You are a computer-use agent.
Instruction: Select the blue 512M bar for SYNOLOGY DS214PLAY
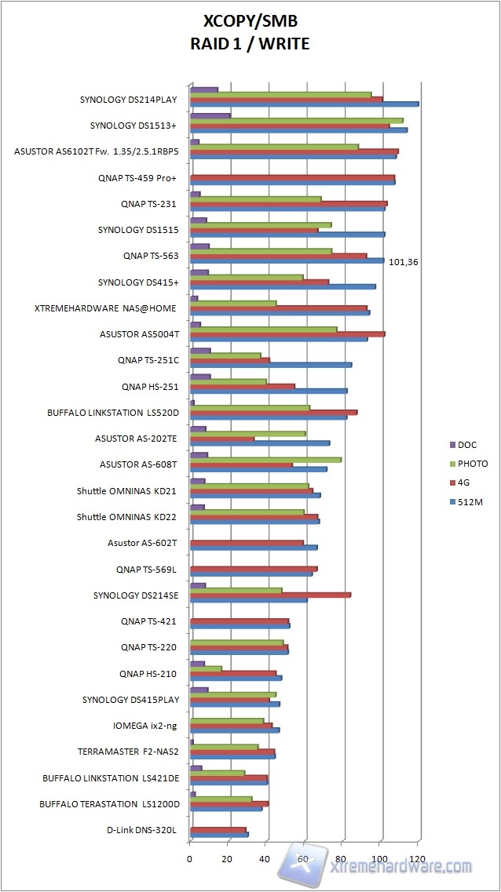304,104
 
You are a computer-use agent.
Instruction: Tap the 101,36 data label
404,262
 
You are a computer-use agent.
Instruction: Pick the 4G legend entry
465,482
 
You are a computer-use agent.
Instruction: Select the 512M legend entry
470,501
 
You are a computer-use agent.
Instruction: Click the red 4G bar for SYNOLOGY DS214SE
270,595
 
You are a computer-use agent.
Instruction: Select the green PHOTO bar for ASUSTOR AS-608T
265,459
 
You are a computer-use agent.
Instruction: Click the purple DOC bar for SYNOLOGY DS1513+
210,116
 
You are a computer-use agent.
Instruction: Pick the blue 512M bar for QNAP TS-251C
271,364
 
